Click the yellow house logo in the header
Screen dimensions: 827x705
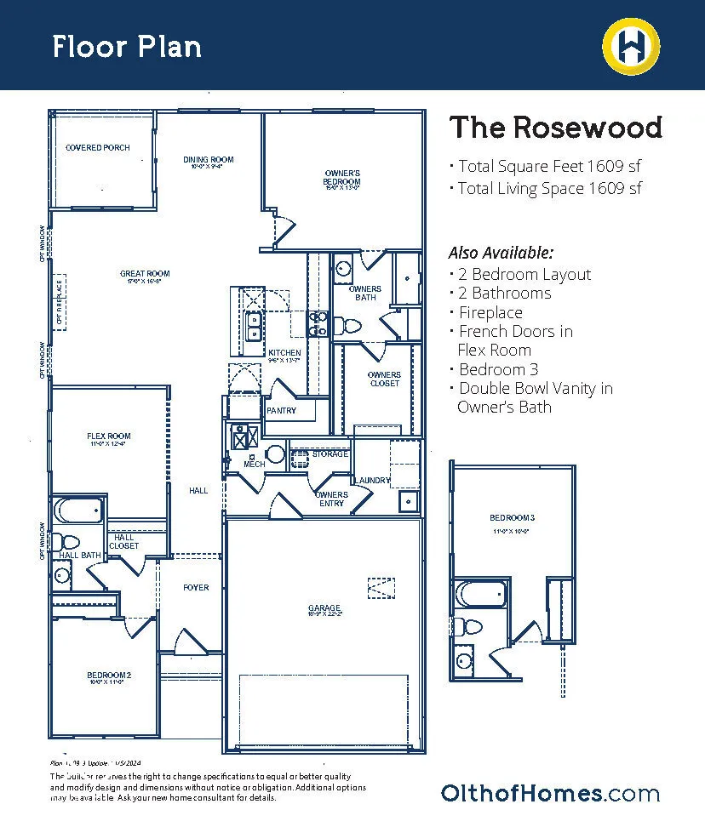632,45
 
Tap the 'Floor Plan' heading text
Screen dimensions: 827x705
127,46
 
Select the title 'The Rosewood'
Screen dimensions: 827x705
555,128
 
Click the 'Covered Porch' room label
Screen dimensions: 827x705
98,148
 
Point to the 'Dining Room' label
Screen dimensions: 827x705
209,160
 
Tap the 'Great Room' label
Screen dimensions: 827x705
145,274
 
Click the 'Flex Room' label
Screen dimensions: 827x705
109,436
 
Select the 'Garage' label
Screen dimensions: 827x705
324,608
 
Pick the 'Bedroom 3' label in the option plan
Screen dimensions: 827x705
512,518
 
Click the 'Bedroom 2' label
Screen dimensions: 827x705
109,676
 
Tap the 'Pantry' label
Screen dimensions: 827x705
281,411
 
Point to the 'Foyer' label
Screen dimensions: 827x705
196,588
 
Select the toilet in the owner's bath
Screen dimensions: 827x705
347,325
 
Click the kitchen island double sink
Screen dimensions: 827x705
254,326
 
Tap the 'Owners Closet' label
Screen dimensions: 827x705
384,379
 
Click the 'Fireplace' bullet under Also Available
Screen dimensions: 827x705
490,312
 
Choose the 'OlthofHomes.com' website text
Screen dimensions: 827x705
550,794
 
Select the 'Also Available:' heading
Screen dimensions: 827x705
501,253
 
